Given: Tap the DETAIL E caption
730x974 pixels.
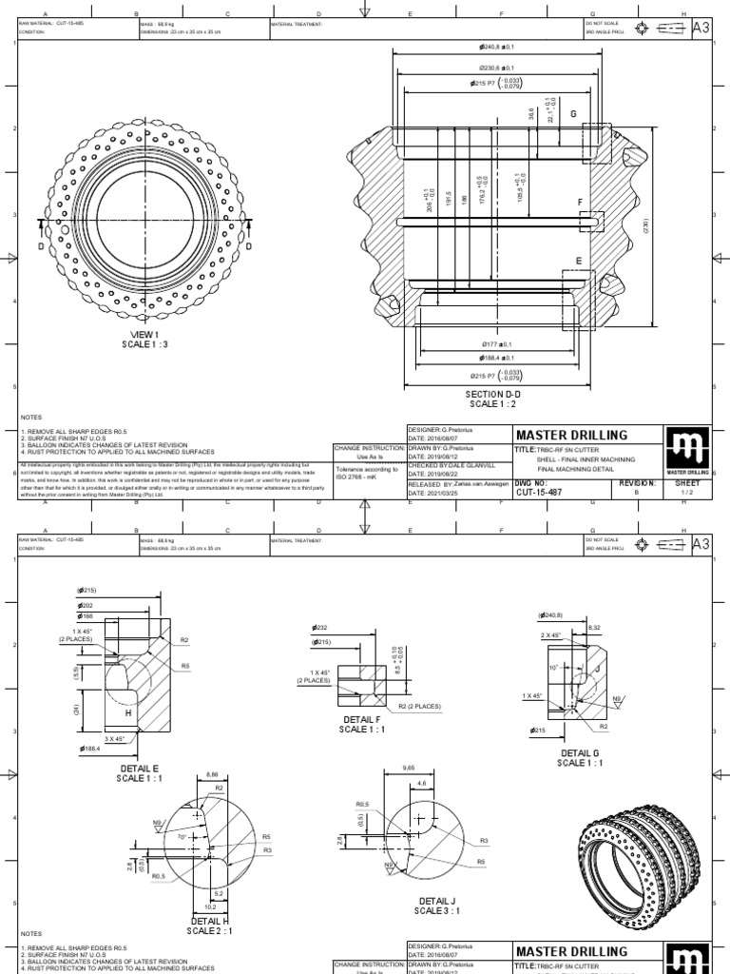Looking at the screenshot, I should pyautogui.click(x=140, y=772).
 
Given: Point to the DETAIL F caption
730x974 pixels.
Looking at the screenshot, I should pyautogui.click(x=358, y=724).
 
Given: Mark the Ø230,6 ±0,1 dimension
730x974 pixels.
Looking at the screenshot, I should pyautogui.click(x=493, y=68).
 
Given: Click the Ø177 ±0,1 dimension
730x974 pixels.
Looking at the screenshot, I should pyautogui.click(x=496, y=343).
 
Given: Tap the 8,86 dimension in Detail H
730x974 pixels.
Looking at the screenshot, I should pyautogui.click(x=213, y=776).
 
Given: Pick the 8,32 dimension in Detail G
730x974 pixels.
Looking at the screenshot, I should pyautogui.click(x=595, y=627).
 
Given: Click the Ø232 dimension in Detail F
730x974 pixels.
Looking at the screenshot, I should pyautogui.click(x=320, y=628).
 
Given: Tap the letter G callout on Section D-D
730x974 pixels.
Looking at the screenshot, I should pyautogui.click(x=573, y=114).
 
